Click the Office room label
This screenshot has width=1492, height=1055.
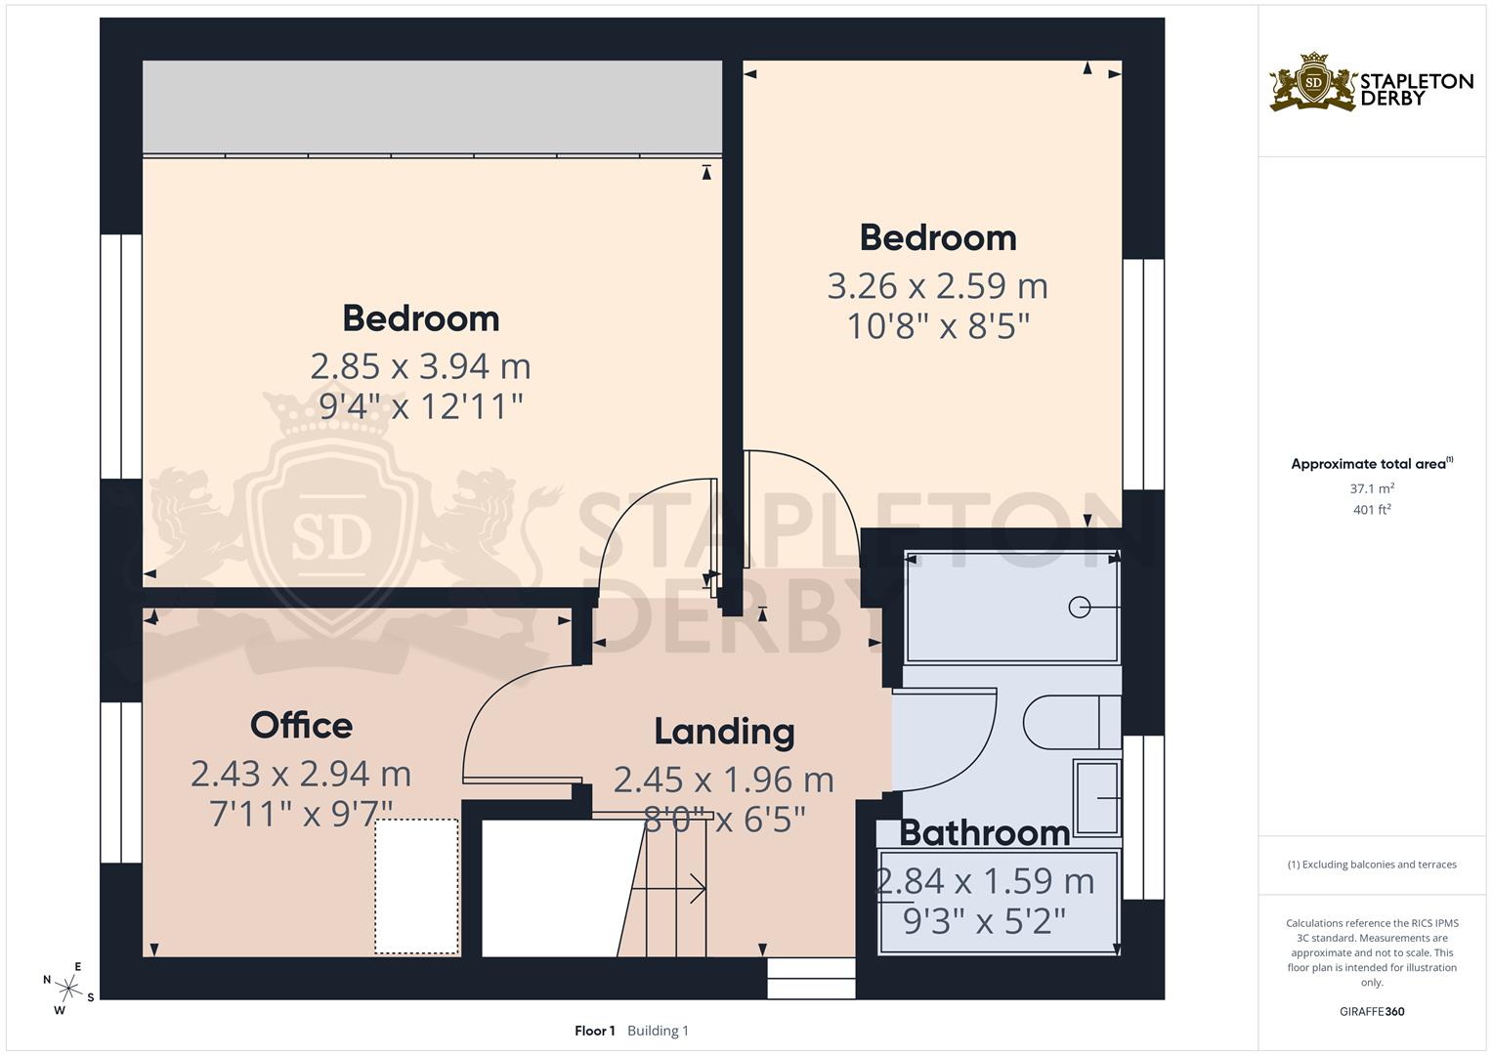[x=301, y=726]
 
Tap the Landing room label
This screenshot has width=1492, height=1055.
[x=724, y=732]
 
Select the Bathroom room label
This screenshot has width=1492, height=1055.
[x=984, y=833]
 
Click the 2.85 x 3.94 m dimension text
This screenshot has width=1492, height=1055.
[x=420, y=366]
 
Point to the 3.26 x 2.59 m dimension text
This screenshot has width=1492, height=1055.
[x=937, y=286]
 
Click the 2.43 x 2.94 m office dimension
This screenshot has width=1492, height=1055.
[x=301, y=774]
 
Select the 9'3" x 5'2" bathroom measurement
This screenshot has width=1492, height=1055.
[x=984, y=920]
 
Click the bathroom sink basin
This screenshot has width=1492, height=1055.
[x=1097, y=797]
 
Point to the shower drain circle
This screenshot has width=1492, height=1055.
[x=1079, y=608]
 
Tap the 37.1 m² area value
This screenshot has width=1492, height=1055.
[x=1372, y=488]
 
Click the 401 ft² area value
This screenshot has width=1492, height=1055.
[x=1372, y=510]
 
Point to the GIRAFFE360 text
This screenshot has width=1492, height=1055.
[x=1372, y=1012]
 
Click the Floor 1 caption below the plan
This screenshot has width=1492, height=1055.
[x=594, y=1031]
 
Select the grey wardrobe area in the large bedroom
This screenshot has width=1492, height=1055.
[x=432, y=106]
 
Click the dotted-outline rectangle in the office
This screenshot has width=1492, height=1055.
[x=417, y=887]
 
